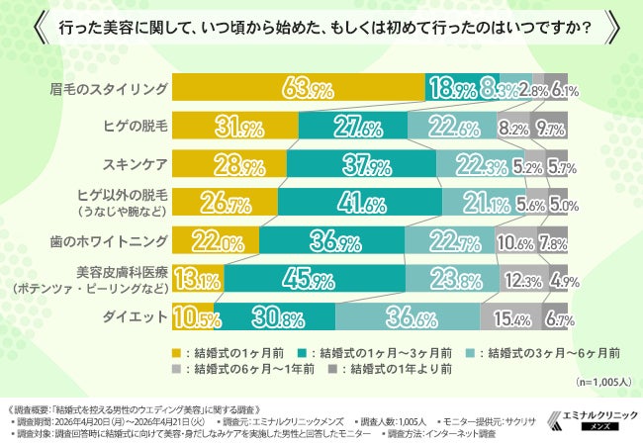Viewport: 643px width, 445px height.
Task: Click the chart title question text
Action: (x=321, y=27)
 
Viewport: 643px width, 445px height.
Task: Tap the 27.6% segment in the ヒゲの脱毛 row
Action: (x=352, y=126)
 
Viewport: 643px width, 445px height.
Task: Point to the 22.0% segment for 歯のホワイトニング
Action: (x=216, y=240)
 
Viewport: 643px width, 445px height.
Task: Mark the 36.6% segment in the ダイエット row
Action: (x=408, y=316)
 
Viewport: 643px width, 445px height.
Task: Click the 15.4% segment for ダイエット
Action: (x=510, y=316)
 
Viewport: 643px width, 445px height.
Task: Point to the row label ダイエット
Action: (x=138, y=316)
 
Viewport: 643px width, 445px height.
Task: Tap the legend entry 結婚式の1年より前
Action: (x=395, y=369)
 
